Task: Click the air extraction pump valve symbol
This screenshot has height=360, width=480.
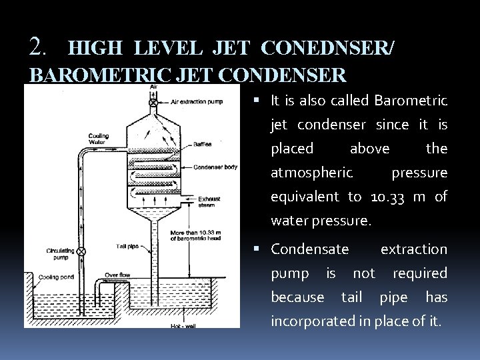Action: [153, 103]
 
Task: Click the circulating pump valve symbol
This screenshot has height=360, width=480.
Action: [81, 251]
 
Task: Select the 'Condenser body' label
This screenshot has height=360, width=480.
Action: [215, 167]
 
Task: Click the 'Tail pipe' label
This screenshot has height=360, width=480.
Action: [127, 246]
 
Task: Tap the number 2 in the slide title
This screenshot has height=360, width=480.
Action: [37, 47]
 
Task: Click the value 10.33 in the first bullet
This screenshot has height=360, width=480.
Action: [397, 197]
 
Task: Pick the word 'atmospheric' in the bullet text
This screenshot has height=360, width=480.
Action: [311, 173]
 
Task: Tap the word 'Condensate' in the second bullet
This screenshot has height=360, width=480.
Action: [309, 249]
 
